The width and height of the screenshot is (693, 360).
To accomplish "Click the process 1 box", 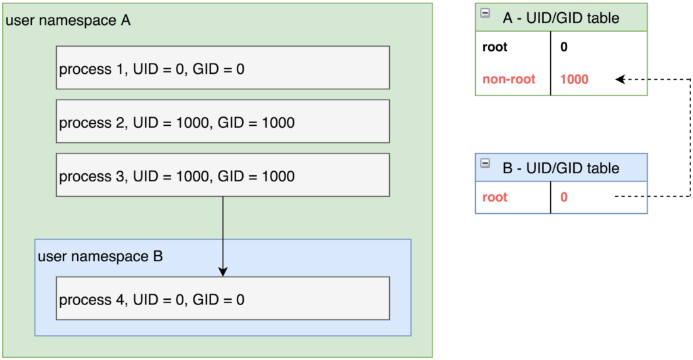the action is (223, 68).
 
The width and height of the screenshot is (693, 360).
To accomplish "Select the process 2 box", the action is (223, 122).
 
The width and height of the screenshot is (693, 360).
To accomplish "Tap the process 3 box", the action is (223, 175).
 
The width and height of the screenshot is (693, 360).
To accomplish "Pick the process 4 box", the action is (223, 298).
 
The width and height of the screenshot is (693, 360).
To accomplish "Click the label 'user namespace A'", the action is (68, 20).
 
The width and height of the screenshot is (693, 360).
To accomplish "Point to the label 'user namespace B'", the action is (100, 256).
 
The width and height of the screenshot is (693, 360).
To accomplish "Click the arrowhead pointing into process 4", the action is (223, 271).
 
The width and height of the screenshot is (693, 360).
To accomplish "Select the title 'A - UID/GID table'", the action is (561, 18).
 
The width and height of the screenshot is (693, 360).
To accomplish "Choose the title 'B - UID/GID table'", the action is (561, 168).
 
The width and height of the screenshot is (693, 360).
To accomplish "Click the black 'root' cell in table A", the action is (495, 47).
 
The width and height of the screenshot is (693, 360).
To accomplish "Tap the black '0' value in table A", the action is (564, 47).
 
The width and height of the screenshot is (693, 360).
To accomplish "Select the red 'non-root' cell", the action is (509, 79).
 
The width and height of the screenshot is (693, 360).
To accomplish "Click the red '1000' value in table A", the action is (574, 79).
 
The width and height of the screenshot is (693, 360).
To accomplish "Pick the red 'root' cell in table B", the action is (495, 197).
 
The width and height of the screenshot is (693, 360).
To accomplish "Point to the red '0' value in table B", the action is (564, 197).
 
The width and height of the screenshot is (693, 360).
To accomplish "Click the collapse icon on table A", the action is (485, 14).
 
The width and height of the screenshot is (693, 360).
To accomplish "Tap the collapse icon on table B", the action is (485, 164).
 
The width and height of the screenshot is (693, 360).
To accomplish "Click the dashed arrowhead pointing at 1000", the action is (620, 79).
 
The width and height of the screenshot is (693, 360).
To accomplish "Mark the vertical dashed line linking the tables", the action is (690, 138).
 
